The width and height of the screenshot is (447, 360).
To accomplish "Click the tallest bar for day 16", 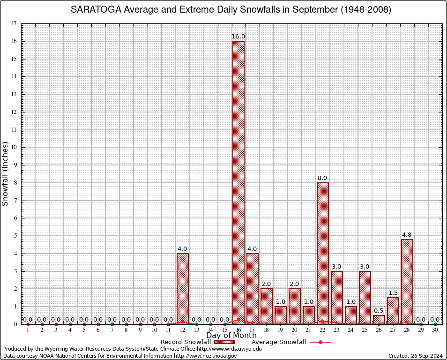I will (238, 182).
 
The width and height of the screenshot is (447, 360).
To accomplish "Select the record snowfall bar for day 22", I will (323, 253).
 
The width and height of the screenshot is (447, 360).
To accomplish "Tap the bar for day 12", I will (182, 288).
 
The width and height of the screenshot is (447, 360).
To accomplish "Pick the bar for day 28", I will (407, 281).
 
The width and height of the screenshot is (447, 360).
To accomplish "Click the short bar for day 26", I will (379, 319).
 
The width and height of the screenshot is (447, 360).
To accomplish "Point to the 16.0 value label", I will (238, 37).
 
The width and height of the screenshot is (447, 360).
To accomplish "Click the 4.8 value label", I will (407, 234).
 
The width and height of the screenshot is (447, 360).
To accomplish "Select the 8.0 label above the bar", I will (323, 178).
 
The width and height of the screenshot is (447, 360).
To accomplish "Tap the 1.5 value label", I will (393, 293).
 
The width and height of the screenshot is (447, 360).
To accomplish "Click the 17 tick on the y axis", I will (14, 23).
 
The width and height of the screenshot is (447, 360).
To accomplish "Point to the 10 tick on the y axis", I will (14, 147).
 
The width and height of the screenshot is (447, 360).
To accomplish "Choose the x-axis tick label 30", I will (435, 330).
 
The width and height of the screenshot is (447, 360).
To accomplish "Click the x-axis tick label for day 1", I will (28, 330).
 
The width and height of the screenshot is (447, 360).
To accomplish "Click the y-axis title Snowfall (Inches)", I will (6, 173).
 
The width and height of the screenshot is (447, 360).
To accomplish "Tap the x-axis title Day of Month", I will (231, 336).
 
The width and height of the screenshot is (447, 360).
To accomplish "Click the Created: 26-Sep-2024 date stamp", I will (415, 356).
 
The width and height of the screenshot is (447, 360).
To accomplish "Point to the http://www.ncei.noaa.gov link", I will (205, 356).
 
